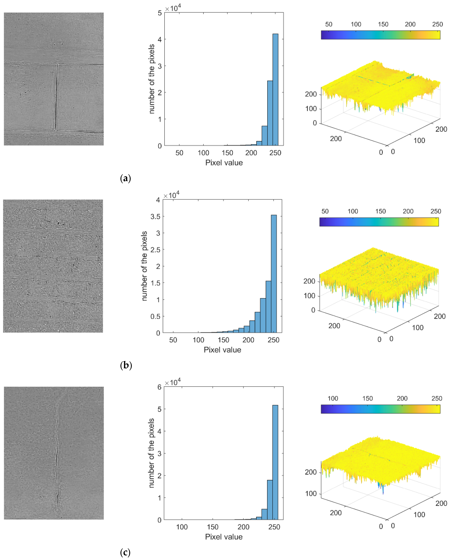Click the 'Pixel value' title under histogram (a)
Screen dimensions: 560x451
point(224,163)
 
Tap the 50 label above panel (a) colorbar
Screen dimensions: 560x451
point(329,24)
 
